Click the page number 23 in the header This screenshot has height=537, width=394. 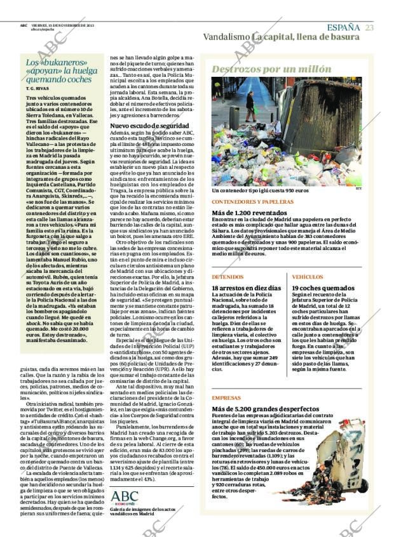369,27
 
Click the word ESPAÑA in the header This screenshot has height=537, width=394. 343,27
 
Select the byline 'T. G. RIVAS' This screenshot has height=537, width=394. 37,88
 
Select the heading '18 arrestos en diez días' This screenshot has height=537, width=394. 246,288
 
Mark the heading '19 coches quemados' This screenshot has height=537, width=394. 323,288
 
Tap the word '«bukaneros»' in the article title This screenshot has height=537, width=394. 53,62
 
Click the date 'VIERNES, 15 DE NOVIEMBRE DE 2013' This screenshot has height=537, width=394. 61,25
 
